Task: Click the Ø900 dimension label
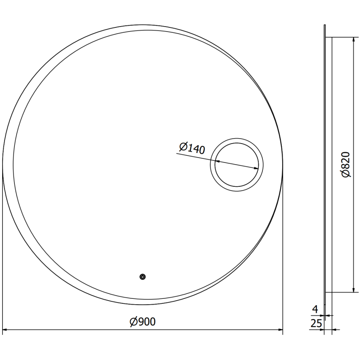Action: point(142,322)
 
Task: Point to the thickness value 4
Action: point(315,309)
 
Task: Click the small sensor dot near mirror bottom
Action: point(143,277)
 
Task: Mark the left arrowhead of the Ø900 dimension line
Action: point(6,330)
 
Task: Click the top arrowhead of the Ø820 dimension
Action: point(353,39)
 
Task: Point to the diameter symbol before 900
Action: point(133,322)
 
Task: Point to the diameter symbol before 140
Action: point(182,146)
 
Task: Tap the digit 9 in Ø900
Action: point(140,322)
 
